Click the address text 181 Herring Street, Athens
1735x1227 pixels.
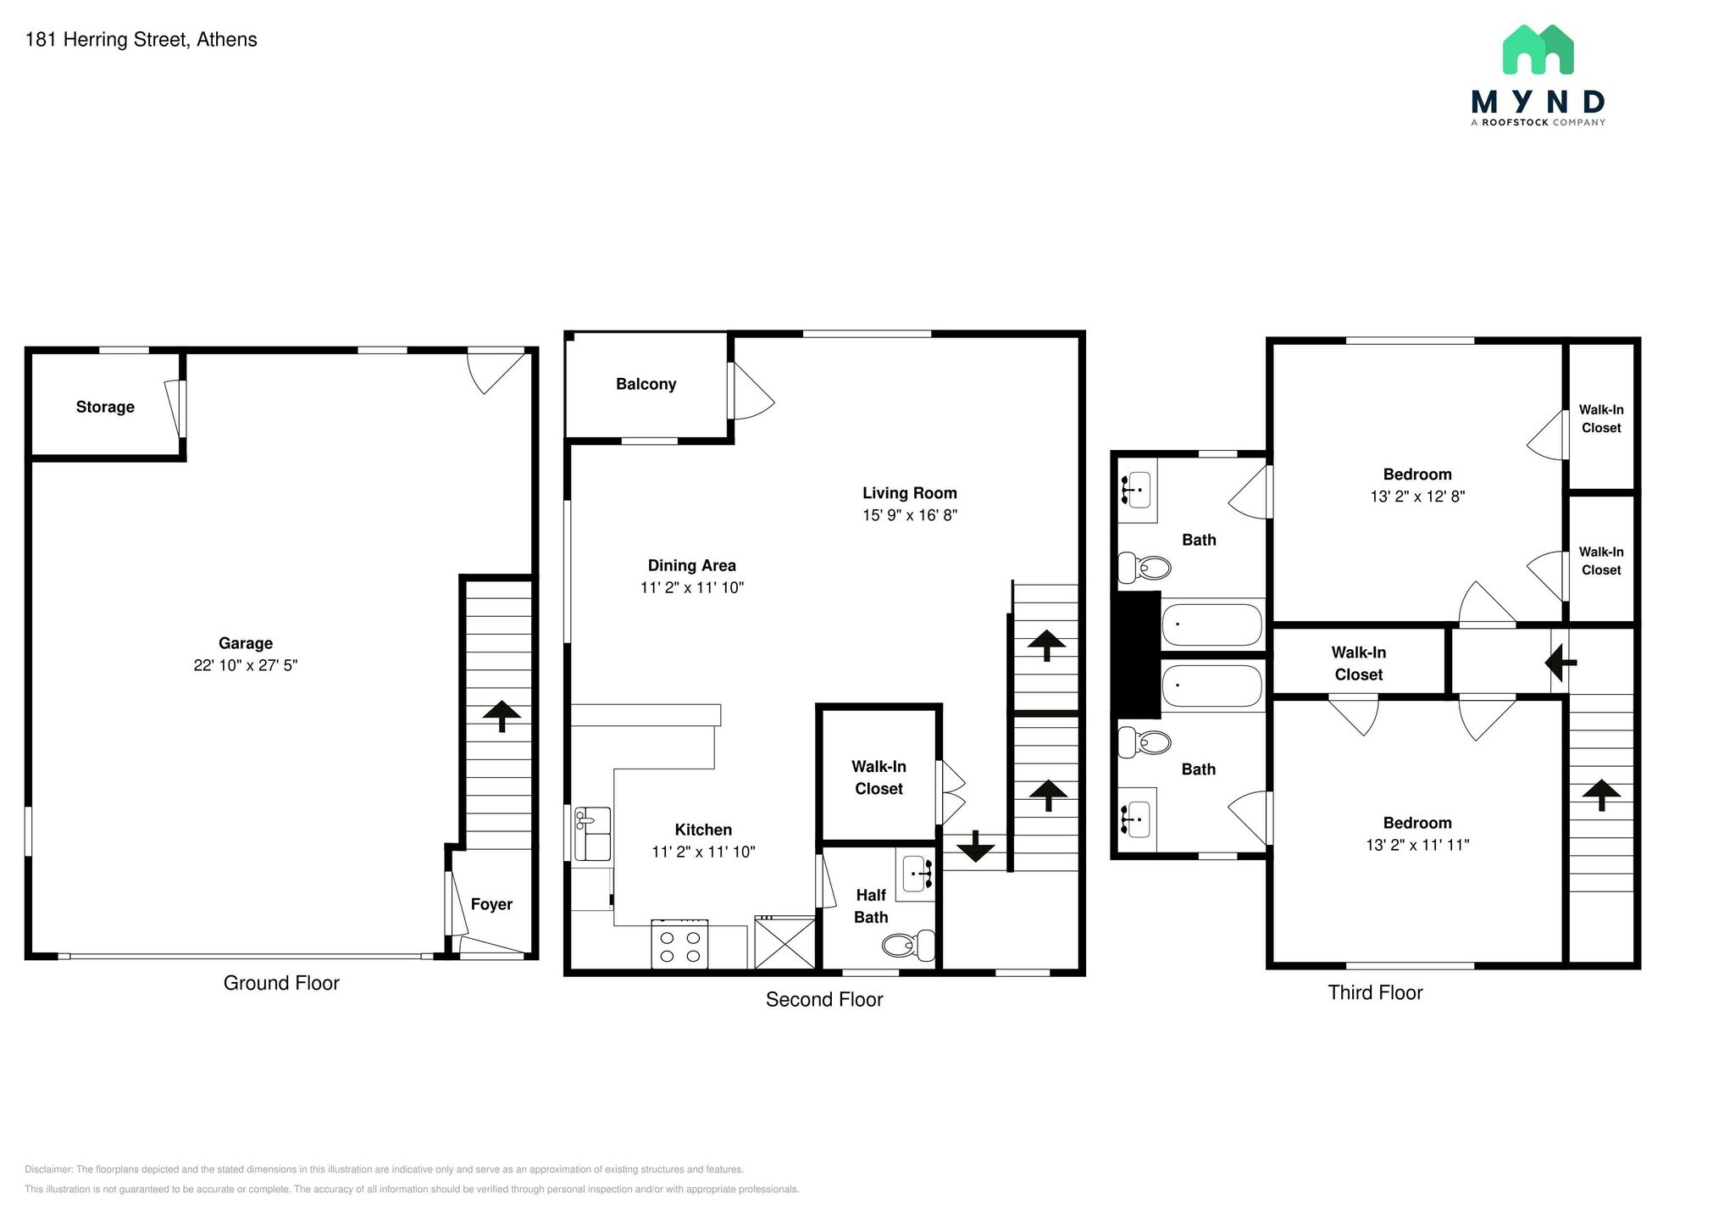click(141, 40)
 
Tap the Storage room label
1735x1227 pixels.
click(105, 407)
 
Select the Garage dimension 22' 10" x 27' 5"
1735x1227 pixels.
click(246, 665)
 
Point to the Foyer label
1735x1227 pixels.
click(491, 904)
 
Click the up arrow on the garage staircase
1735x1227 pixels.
click(502, 716)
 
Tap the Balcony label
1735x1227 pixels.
click(646, 384)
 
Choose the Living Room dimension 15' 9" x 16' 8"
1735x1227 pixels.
click(910, 514)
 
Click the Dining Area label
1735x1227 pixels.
click(692, 565)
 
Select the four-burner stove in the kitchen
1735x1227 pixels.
click(679, 944)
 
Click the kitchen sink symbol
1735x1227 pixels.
click(593, 834)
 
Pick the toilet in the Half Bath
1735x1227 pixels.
click(909, 945)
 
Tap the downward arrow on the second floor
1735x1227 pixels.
click(975, 846)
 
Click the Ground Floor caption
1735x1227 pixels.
click(281, 983)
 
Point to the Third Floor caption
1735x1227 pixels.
click(1375, 992)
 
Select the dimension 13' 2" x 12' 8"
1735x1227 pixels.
click(1417, 497)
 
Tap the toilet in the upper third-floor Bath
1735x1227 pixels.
click(1145, 566)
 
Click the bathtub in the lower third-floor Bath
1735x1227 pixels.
click(1212, 686)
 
